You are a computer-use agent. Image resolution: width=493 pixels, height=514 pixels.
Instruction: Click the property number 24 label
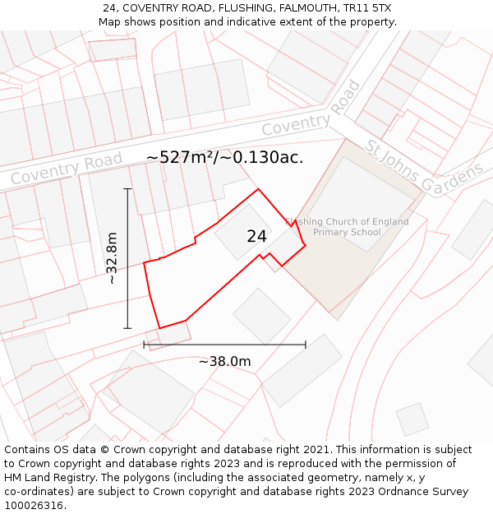pyautogui.click(x=256, y=237)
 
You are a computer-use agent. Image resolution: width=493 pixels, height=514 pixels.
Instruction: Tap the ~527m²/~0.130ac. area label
pyautogui.click(x=224, y=157)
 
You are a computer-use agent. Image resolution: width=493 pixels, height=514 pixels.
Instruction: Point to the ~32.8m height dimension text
pyautogui.click(x=112, y=258)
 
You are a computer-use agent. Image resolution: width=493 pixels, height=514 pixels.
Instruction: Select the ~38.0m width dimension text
pyautogui.click(x=224, y=361)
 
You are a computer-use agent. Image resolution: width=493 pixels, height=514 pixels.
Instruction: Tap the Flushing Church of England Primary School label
pyautogui.click(x=346, y=227)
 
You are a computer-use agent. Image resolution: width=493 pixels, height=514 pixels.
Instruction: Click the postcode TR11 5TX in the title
pyautogui.click(x=368, y=8)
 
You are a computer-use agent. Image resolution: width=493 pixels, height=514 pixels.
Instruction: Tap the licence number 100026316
pyautogui.click(x=35, y=506)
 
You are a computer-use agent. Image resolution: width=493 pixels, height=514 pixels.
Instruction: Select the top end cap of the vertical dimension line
pyautogui.click(x=127, y=189)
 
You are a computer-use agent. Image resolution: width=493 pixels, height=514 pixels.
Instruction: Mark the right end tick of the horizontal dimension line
pyautogui.click(x=306, y=345)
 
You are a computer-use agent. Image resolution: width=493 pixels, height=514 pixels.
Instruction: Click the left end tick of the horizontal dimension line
pyautogui.click(x=145, y=345)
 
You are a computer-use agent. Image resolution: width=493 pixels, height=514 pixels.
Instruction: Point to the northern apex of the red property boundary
pyautogui.click(x=259, y=189)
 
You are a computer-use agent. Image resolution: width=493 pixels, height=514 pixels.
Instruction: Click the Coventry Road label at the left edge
pyautogui.click(x=66, y=169)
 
